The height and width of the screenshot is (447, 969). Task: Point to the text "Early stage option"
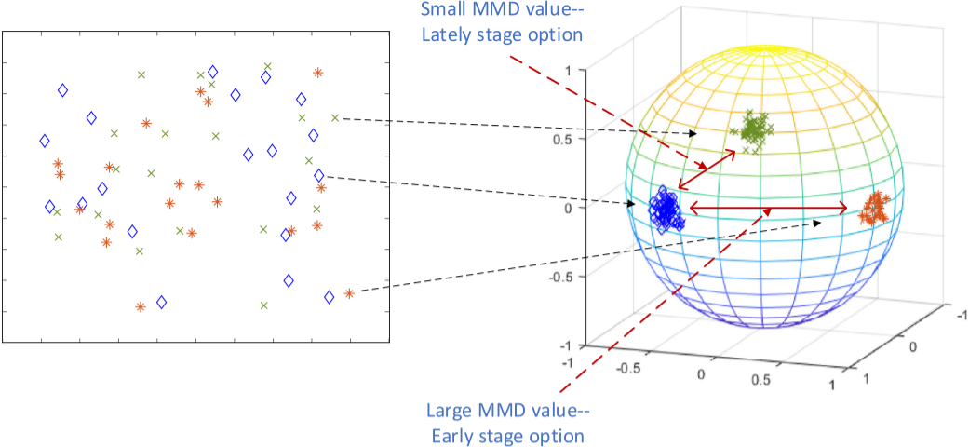(x=505, y=435)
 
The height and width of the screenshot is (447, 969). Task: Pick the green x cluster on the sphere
(x=753, y=129)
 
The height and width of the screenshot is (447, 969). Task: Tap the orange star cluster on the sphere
(x=874, y=208)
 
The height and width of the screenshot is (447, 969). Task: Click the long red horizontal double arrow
(x=768, y=209)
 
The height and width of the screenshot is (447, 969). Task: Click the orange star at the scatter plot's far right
(x=349, y=293)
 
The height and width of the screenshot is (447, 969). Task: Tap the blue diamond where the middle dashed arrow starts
(x=319, y=175)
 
